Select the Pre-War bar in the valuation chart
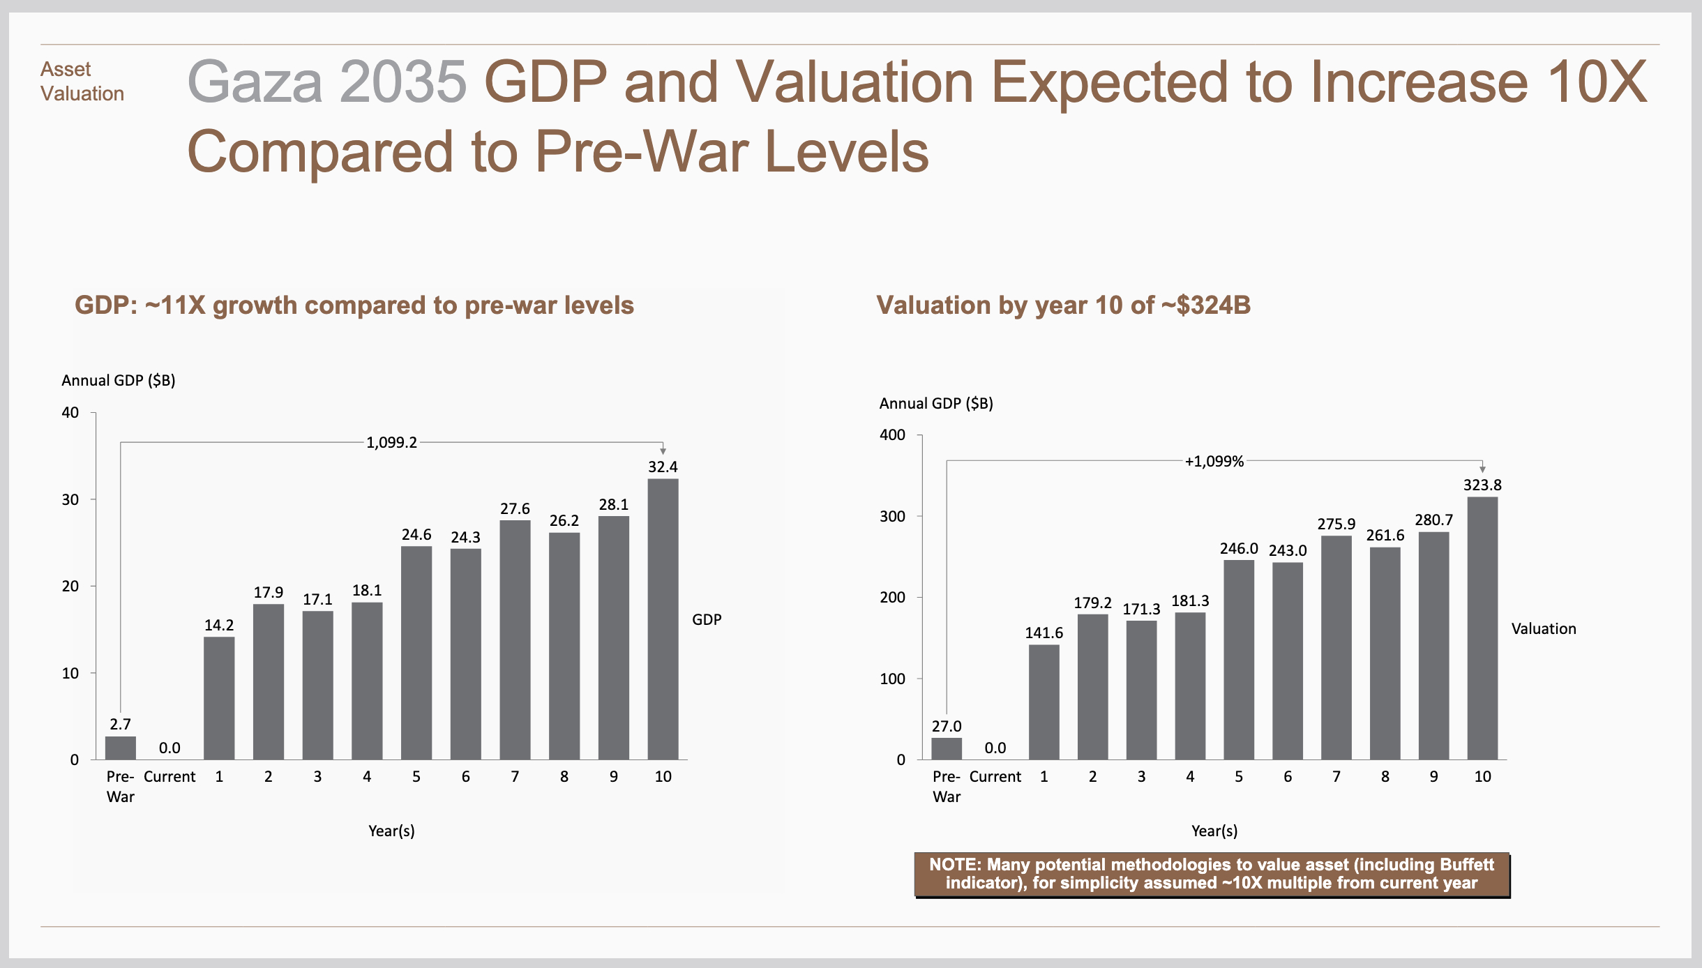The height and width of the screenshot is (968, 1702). point(947,749)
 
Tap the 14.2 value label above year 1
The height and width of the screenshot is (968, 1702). point(219,626)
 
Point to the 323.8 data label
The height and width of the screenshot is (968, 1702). point(1482,485)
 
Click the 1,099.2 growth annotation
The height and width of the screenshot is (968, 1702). point(391,442)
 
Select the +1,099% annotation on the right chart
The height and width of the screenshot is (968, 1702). point(1214,462)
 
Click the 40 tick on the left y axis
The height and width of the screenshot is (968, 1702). point(70,413)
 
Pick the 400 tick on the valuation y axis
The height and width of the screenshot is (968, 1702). point(892,435)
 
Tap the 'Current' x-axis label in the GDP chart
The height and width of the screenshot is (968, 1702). point(170,777)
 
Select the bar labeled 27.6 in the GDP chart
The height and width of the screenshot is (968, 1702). point(515,640)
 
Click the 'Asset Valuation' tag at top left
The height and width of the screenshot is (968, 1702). point(82,82)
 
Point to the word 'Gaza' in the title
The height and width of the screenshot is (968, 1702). point(255,82)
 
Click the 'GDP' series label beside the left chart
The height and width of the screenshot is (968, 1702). point(707,619)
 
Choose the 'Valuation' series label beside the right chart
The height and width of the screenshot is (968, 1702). point(1543,629)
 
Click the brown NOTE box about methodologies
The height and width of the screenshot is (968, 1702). point(1212,874)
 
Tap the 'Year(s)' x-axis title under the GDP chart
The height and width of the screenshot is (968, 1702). point(391,831)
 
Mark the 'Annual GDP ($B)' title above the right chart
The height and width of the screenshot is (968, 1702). point(935,403)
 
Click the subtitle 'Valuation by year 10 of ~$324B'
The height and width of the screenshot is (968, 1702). point(1063,305)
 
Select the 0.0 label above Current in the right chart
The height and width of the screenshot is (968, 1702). point(995,748)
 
